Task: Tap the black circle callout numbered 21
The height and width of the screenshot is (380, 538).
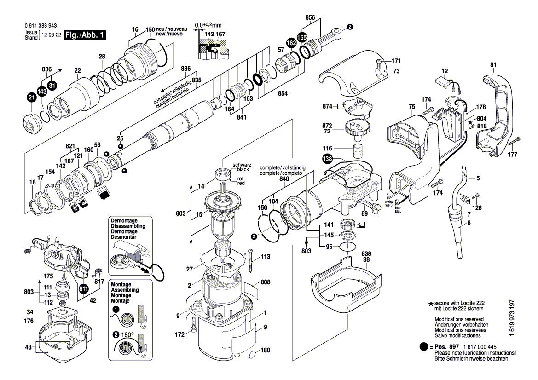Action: coord(31,97)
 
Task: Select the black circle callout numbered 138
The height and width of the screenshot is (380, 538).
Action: coord(327,159)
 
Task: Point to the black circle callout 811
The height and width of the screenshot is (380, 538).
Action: coord(83,289)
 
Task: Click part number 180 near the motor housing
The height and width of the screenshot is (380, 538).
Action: coord(265,350)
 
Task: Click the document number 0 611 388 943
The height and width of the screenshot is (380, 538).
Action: coord(41,27)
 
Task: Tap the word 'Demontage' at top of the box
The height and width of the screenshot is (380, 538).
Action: coord(124,221)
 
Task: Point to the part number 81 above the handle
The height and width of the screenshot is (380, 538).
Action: coord(493,65)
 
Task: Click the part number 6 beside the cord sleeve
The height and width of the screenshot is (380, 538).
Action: coord(469,223)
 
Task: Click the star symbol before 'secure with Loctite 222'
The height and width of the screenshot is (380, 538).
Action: coord(431,304)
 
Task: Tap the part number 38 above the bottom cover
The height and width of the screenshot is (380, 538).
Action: coord(366,259)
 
